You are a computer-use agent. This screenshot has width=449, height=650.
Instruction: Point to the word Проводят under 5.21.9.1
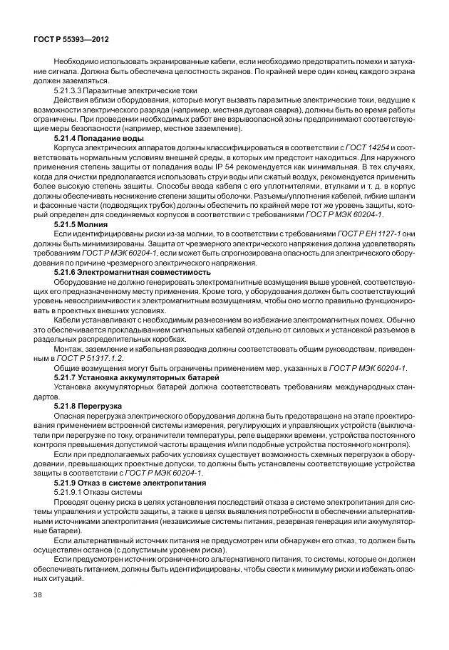coord(71,500)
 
